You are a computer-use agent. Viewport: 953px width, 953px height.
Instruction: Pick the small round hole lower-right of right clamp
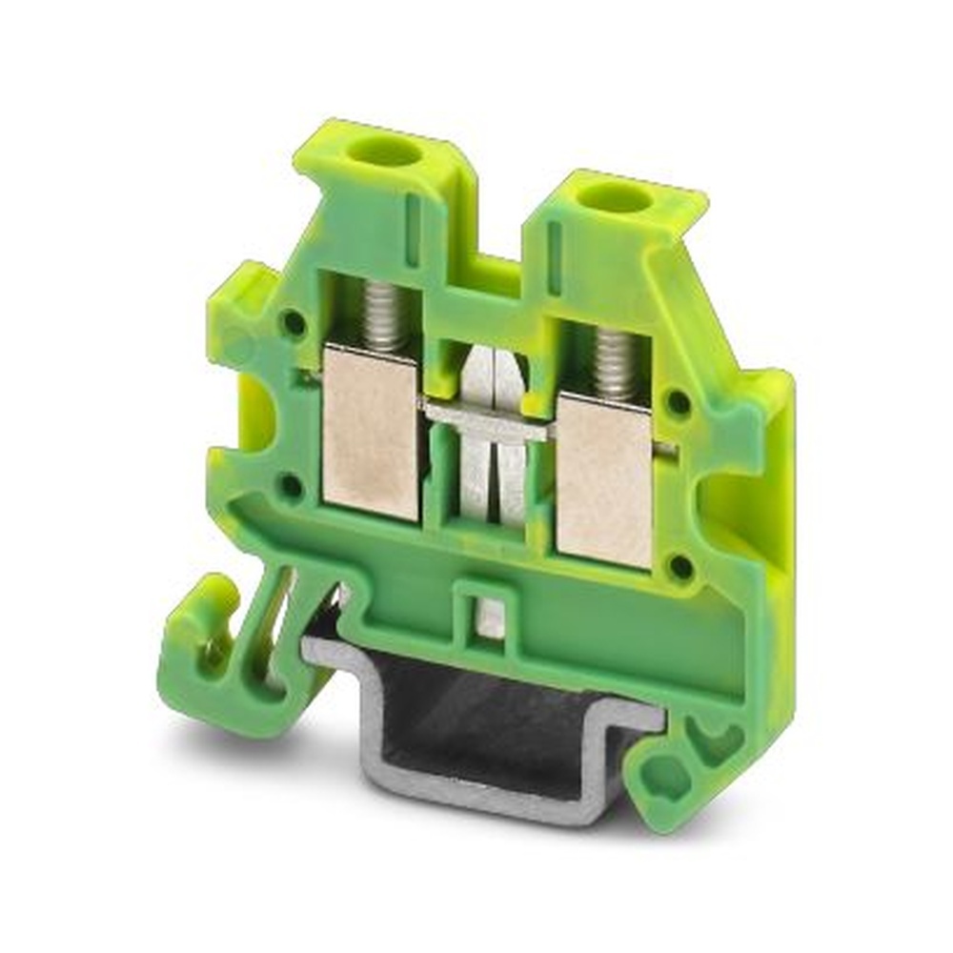click(680, 567)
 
